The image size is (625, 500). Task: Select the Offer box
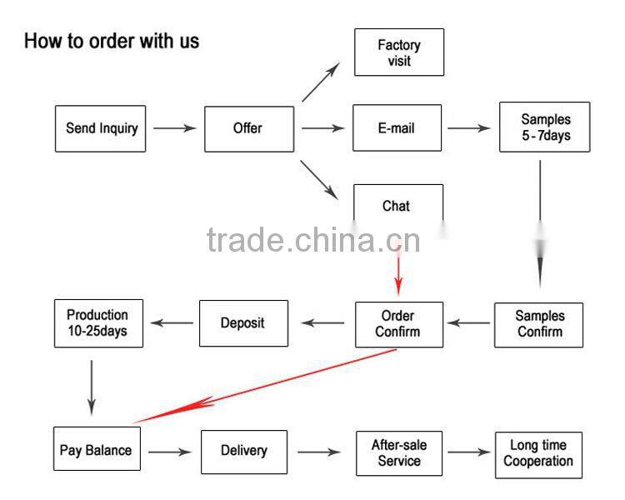click(249, 128)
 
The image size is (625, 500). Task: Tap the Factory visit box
click(399, 52)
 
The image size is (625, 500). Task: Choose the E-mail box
click(396, 128)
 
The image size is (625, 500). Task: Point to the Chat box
click(397, 205)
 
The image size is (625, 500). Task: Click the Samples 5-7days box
click(545, 127)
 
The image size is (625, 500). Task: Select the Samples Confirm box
click(539, 324)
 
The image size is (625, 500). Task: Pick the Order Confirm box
click(399, 324)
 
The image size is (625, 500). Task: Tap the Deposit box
click(243, 323)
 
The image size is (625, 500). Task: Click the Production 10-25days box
click(98, 323)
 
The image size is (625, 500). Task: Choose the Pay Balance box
click(96, 450)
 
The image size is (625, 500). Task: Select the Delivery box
click(244, 451)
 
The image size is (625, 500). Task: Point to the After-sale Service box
click(399, 452)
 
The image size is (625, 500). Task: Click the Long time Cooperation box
click(538, 454)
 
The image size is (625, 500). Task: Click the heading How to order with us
click(112, 40)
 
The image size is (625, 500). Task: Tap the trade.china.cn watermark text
click(313, 240)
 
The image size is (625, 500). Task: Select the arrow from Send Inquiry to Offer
click(174, 128)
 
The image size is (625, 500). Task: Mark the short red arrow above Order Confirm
click(398, 271)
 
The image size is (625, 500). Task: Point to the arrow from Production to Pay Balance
click(91, 387)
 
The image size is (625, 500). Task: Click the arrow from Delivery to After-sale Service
click(319, 452)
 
